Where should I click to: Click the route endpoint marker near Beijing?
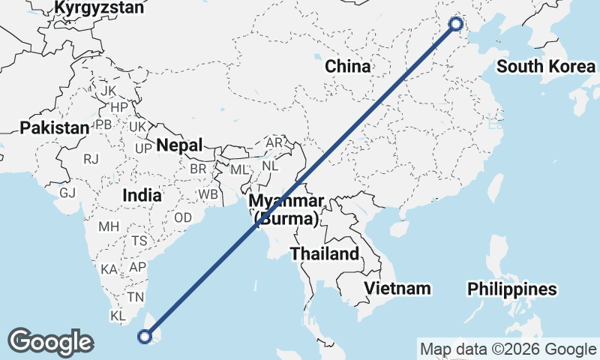455,24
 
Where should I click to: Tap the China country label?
347,66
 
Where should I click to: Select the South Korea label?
546,67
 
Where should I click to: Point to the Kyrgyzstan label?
100,8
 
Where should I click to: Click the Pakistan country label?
54,127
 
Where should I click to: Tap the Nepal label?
180,145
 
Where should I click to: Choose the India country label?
142,195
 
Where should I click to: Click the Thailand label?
325,253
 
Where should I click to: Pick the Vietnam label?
397,288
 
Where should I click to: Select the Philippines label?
512,289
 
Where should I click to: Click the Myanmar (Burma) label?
287,209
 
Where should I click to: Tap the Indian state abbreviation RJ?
91,159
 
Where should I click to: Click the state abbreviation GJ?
67,193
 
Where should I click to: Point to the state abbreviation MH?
109,226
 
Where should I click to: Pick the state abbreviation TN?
135,297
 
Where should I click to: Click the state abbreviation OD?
183,217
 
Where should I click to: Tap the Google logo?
50,342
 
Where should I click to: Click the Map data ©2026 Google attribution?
508,349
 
